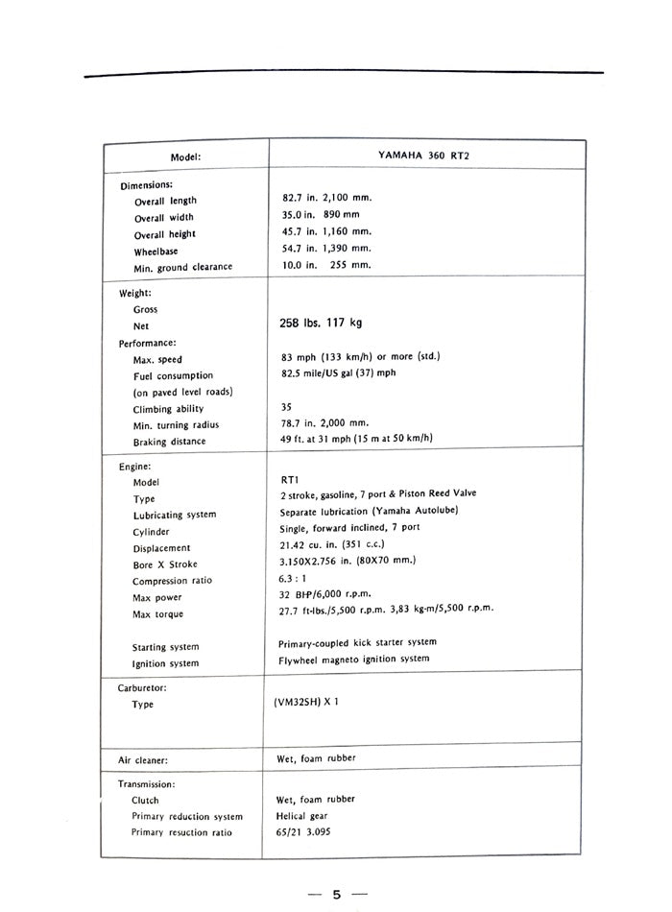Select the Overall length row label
pyautogui.click(x=165, y=202)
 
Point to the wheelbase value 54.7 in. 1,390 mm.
pyautogui.click(x=320, y=249)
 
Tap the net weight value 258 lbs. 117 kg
pyautogui.click(x=321, y=324)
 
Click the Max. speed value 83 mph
pyautogui.click(x=354, y=357)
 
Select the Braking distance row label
pyautogui.click(x=169, y=442)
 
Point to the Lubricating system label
pyautogui.click(x=175, y=515)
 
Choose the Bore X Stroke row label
pyautogui.click(x=165, y=564)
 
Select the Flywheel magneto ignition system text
pyautogui.click(x=354, y=659)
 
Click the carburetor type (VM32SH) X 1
pyautogui.click(x=305, y=702)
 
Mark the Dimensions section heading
pyautogui.click(x=146, y=185)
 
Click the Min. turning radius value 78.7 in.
pyautogui.click(x=320, y=422)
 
